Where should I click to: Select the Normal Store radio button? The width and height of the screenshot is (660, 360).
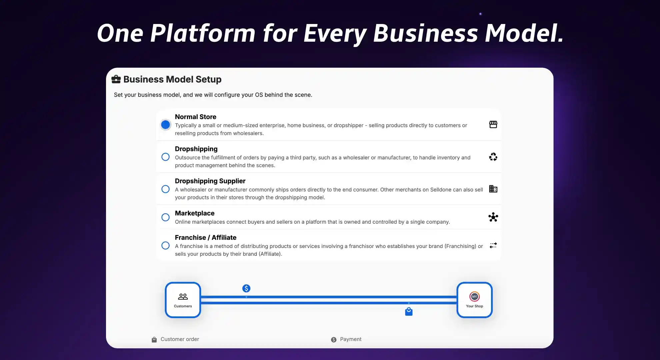point(165,125)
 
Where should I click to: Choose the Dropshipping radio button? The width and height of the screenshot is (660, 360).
point(165,157)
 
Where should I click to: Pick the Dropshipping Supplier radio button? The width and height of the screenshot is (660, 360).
point(165,189)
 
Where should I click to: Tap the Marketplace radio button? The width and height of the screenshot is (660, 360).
point(165,217)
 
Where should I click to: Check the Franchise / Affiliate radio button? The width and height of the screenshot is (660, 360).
point(165,246)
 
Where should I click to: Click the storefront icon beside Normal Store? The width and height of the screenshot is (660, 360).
point(493,124)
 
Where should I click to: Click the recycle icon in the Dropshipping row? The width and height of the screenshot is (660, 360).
point(493,157)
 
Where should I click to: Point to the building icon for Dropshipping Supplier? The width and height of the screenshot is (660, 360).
point(493,189)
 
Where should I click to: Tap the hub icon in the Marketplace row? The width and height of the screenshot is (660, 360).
point(493,217)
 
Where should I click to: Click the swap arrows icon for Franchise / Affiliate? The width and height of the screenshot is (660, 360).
point(493,245)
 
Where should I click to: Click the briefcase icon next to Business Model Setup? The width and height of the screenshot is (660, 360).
point(116,79)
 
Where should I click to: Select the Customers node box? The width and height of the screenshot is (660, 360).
point(183,300)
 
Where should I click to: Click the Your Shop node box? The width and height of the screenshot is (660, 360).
point(474,300)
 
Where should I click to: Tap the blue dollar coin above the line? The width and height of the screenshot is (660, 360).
point(246,288)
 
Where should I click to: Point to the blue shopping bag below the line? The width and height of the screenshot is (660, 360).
point(409,312)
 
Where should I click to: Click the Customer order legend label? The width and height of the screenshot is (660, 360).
point(180,339)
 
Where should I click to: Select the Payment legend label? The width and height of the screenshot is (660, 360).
point(351,339)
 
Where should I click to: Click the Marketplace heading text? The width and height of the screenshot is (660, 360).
point(195,213)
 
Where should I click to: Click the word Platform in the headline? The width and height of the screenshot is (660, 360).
point(203,33)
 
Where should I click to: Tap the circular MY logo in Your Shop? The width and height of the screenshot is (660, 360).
point(474,296)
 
